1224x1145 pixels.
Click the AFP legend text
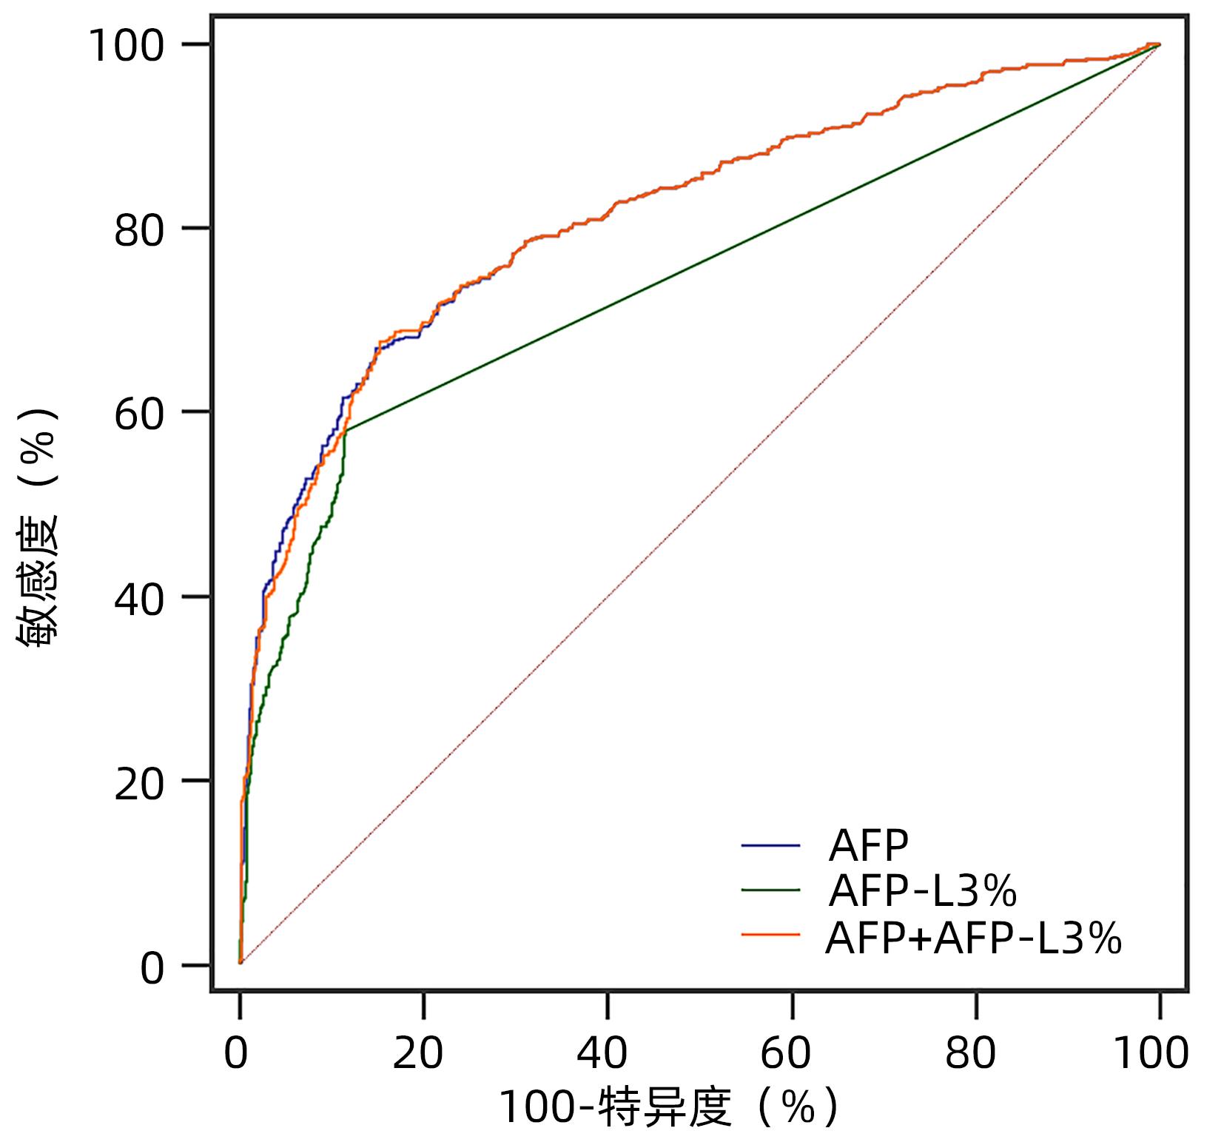point(868,845)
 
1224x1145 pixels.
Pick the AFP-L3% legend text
point(922,891)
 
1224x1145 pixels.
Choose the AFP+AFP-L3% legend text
point(973,938)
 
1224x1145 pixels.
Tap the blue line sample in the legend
point(770,845)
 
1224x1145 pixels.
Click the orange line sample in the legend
point(770,936)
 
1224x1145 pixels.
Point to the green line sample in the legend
point(770,890)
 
